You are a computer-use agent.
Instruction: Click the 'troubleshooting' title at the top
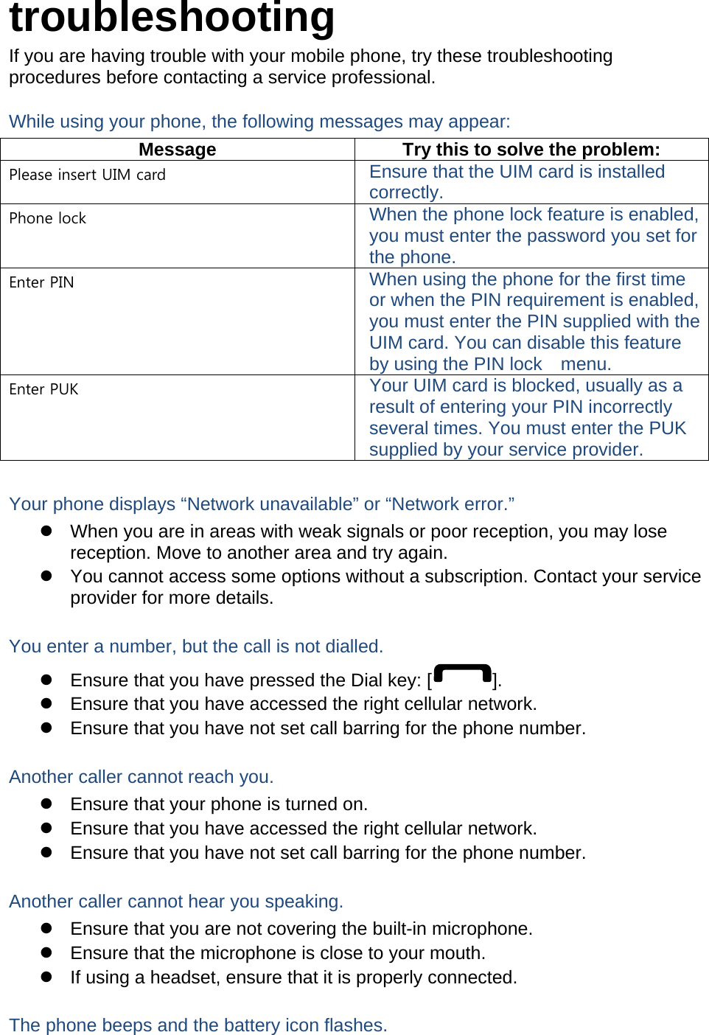click(172, 18)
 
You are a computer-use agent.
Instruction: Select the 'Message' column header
click(177, 150)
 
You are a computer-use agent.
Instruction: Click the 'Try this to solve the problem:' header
click(531, 150)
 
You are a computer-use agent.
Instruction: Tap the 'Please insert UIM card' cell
click(87, 175)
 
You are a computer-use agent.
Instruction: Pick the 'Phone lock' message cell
click(48, 219)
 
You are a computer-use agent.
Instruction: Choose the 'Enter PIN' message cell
click(42, 283)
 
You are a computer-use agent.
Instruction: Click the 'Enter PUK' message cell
click(44, 390)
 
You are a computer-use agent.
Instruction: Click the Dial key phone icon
click(462, 676)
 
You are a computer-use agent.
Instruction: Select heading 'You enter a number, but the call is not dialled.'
click(196, 647)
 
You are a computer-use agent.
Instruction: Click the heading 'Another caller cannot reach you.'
click(142, 777)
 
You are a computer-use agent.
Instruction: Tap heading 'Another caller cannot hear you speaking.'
click(176, 902)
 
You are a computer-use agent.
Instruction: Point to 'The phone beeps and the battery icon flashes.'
click(198, 1025)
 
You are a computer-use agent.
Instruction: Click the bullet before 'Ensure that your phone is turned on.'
click(46, 804)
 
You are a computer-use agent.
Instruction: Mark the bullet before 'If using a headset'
click(46, 977)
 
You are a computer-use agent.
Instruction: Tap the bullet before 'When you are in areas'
click(46, 531)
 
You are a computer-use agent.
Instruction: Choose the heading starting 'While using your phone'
click(259, 122)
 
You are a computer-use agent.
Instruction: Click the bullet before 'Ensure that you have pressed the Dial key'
click(46, 680)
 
